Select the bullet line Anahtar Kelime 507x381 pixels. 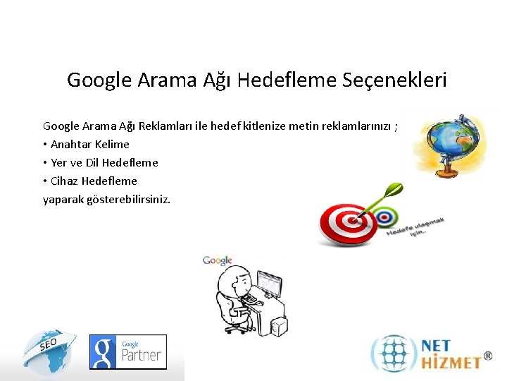89,144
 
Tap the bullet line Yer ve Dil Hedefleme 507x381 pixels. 104,162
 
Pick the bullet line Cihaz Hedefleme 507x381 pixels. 94,181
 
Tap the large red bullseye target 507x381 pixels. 345,224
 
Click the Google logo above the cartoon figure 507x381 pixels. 217,261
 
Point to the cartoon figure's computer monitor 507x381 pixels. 268,284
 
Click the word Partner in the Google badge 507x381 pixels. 141,356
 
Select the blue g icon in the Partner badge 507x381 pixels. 104,352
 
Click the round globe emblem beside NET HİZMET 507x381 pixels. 394,353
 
